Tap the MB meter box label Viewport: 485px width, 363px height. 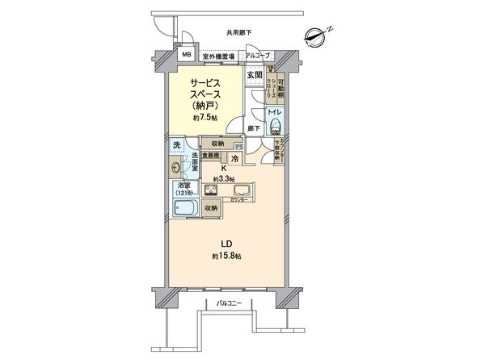point(187,56)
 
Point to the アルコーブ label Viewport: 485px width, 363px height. point(258,56)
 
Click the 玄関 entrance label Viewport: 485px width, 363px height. point(256,75)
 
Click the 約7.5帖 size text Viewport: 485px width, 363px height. point(205,118)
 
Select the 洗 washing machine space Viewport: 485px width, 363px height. point(176,145)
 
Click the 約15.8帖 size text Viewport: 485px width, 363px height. point(228,256)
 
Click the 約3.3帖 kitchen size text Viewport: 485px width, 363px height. point(224,178)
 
